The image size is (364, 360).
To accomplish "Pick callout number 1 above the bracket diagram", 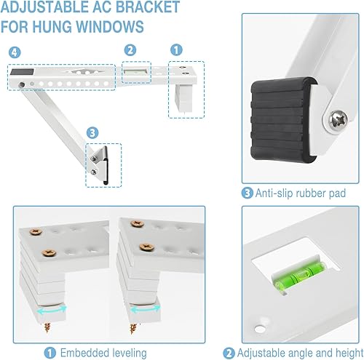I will (x=175, y=51).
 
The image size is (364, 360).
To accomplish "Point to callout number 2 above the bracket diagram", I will (x=130, y=50).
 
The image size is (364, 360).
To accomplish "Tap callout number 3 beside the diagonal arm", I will (x=92, y=132).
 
